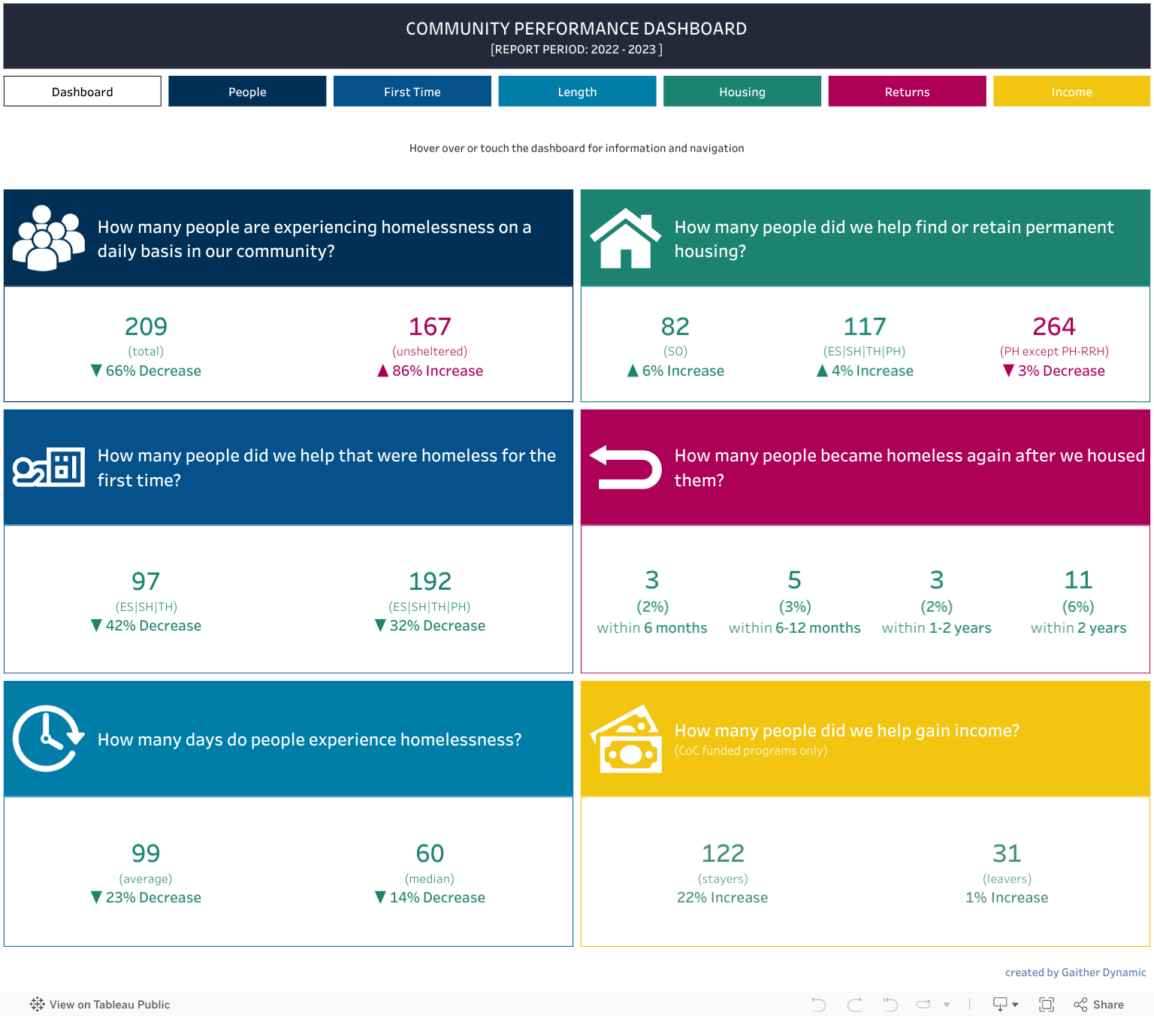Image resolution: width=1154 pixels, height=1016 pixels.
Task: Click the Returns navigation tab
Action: tap(907, 92)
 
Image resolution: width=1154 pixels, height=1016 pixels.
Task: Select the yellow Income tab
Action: tap(1071, 92)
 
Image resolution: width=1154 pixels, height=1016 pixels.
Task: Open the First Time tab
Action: tap(412, 92)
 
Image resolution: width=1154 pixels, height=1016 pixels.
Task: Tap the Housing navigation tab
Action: tap(742, 92)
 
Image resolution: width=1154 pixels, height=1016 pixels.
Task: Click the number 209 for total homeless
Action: tap(146, 327)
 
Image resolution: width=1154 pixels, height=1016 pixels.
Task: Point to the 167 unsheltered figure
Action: tap(430, 327)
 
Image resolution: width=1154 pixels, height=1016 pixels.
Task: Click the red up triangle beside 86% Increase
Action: tap(383, 370)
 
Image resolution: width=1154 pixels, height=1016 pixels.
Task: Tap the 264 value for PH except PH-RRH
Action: tap(1054, 327)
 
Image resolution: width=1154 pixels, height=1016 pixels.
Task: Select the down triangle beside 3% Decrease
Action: tap(1009, 370)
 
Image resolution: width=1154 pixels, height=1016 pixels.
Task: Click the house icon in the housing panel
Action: tap(625, 238)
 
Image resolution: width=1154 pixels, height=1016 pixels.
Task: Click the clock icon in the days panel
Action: tap(47, 739)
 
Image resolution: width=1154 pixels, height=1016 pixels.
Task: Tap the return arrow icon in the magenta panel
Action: tap(625, 467)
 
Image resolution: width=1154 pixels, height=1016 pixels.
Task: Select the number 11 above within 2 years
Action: tap(1078, 580)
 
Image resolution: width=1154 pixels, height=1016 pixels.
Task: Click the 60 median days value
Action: tap(430, 854)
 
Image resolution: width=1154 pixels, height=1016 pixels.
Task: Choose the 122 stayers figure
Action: tap(723, 854)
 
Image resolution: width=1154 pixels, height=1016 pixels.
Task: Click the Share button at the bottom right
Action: tap(1099, 1005)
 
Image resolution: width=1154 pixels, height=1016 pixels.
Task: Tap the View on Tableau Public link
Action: tap(101, 1005)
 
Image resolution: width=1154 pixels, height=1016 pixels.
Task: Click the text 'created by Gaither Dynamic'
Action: tap(1075, 972)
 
